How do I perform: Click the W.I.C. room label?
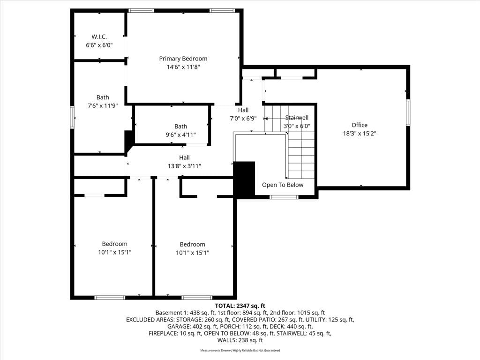coord(99,37)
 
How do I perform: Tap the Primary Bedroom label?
coord(183,59)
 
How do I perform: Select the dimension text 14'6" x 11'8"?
coord(183,67)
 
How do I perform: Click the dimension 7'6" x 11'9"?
coord(103,105)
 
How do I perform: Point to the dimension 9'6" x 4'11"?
coord(180,135)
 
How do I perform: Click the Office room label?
coord(360,125)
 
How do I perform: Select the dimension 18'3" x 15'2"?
coord(360,133)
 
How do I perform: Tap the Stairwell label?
coord(297,118)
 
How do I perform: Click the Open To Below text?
coord(283,185)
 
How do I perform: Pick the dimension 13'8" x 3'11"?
coord(184,166)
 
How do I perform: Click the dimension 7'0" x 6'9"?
coord(243,118)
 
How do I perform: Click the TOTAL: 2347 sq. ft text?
coord(240,306)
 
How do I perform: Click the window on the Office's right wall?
coord(408,112)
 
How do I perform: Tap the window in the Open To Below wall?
coord(284,197)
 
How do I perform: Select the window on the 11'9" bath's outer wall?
coord(72,117)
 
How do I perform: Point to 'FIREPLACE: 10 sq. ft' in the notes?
coord(175,333)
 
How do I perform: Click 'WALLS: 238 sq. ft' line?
coord(240,340)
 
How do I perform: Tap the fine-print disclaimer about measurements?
coord(240,350)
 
